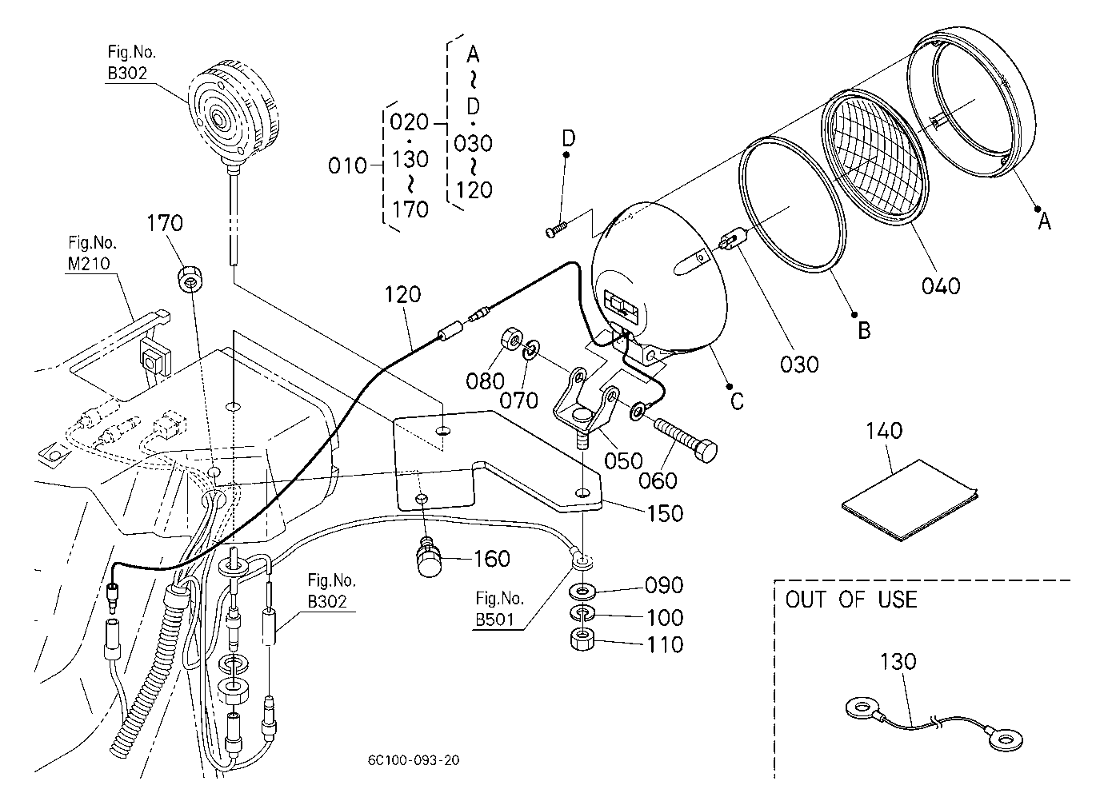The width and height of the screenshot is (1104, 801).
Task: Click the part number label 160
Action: (491, 559)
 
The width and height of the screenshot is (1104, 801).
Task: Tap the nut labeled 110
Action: (582, 640)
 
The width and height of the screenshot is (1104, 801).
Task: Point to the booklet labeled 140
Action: (910, 500)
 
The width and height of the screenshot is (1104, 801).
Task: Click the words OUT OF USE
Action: (851, 600)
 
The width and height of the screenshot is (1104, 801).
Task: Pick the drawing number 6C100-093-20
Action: (414, 760)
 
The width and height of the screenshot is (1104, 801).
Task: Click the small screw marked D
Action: (557, 229)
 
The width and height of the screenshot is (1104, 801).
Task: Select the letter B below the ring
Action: (864, 330)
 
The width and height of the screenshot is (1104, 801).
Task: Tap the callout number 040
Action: (941, 286)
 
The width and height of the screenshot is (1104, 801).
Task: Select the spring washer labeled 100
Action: (582, 614)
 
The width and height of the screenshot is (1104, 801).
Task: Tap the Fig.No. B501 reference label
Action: (499, 609)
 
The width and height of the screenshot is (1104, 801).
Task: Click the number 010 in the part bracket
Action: (347, 166)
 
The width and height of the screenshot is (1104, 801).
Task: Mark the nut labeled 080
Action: (512, 339)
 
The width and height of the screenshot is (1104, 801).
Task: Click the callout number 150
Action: (664, 514)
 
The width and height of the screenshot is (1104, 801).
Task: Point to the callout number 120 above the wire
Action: (402, 295)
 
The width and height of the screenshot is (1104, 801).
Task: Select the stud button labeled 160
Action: (428, 558)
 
